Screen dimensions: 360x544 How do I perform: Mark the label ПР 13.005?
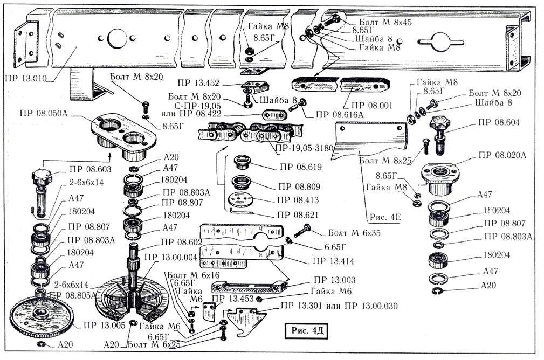[x=104, y=325]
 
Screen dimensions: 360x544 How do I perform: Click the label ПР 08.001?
[x=372, y=105]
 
